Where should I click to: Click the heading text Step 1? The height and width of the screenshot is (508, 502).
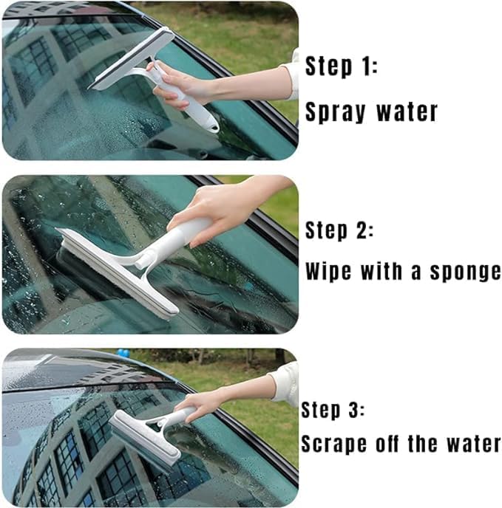pyautogui.click(x=342, y=67)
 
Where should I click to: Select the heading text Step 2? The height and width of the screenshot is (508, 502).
pyautogui.click(x=339, y=230)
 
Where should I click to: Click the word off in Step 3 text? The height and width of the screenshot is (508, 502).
pyautogui.click(x=395, y=444)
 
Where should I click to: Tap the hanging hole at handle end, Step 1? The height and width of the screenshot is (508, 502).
pyautogui.click(x=213, y=126)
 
